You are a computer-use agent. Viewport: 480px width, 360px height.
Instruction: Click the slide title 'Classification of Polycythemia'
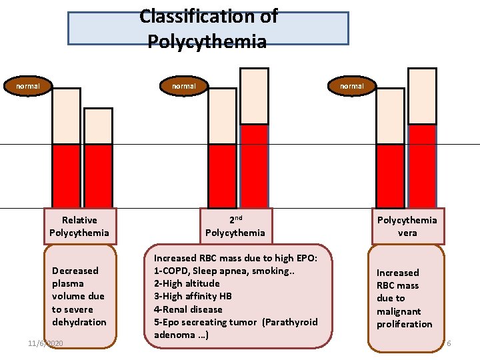pos(208,29)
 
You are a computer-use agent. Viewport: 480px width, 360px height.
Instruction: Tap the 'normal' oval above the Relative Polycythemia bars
pos(28,86)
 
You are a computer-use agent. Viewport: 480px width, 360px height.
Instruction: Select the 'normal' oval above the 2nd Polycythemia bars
pos(184,86)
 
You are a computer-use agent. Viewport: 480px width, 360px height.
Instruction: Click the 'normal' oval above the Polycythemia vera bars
pos(352,86)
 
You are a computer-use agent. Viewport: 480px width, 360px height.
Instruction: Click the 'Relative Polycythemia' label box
pos(79,226)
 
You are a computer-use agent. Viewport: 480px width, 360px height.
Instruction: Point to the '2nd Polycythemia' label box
pos(235,226)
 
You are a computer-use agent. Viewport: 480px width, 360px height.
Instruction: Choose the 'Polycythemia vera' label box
pos(407,226)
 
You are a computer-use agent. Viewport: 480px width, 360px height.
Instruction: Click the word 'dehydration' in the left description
pos(79,322)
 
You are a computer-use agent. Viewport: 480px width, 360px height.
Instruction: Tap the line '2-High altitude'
pos(187,283)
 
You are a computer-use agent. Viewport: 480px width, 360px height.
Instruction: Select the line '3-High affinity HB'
pos(193,296)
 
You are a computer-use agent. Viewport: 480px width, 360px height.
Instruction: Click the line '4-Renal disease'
pos(188,309)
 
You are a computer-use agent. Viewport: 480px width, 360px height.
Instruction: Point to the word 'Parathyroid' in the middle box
pos(290,322)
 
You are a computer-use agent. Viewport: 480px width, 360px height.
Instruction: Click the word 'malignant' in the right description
pos(399,311)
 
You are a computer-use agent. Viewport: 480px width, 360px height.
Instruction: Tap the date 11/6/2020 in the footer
pos(45,343)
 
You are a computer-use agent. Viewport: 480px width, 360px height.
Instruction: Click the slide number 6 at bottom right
pos(449,343)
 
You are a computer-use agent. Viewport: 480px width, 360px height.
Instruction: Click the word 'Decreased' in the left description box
pos(75,271)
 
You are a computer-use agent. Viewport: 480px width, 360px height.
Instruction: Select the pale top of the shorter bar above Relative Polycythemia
pos(98,127)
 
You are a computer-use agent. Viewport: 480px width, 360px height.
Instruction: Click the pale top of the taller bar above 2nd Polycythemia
pos(254,96)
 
